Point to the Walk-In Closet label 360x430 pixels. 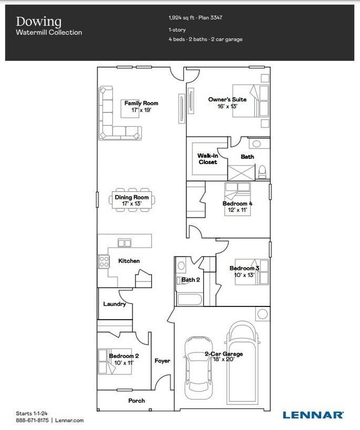[208, 159]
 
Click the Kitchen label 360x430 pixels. [129, 260]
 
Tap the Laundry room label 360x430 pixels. [115, 304]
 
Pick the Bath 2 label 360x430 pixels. [191, 280]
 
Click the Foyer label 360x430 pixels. [162, 361]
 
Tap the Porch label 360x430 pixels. [136, 401]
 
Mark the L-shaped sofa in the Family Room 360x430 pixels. [114, 125]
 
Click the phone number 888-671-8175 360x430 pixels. [33, 421]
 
